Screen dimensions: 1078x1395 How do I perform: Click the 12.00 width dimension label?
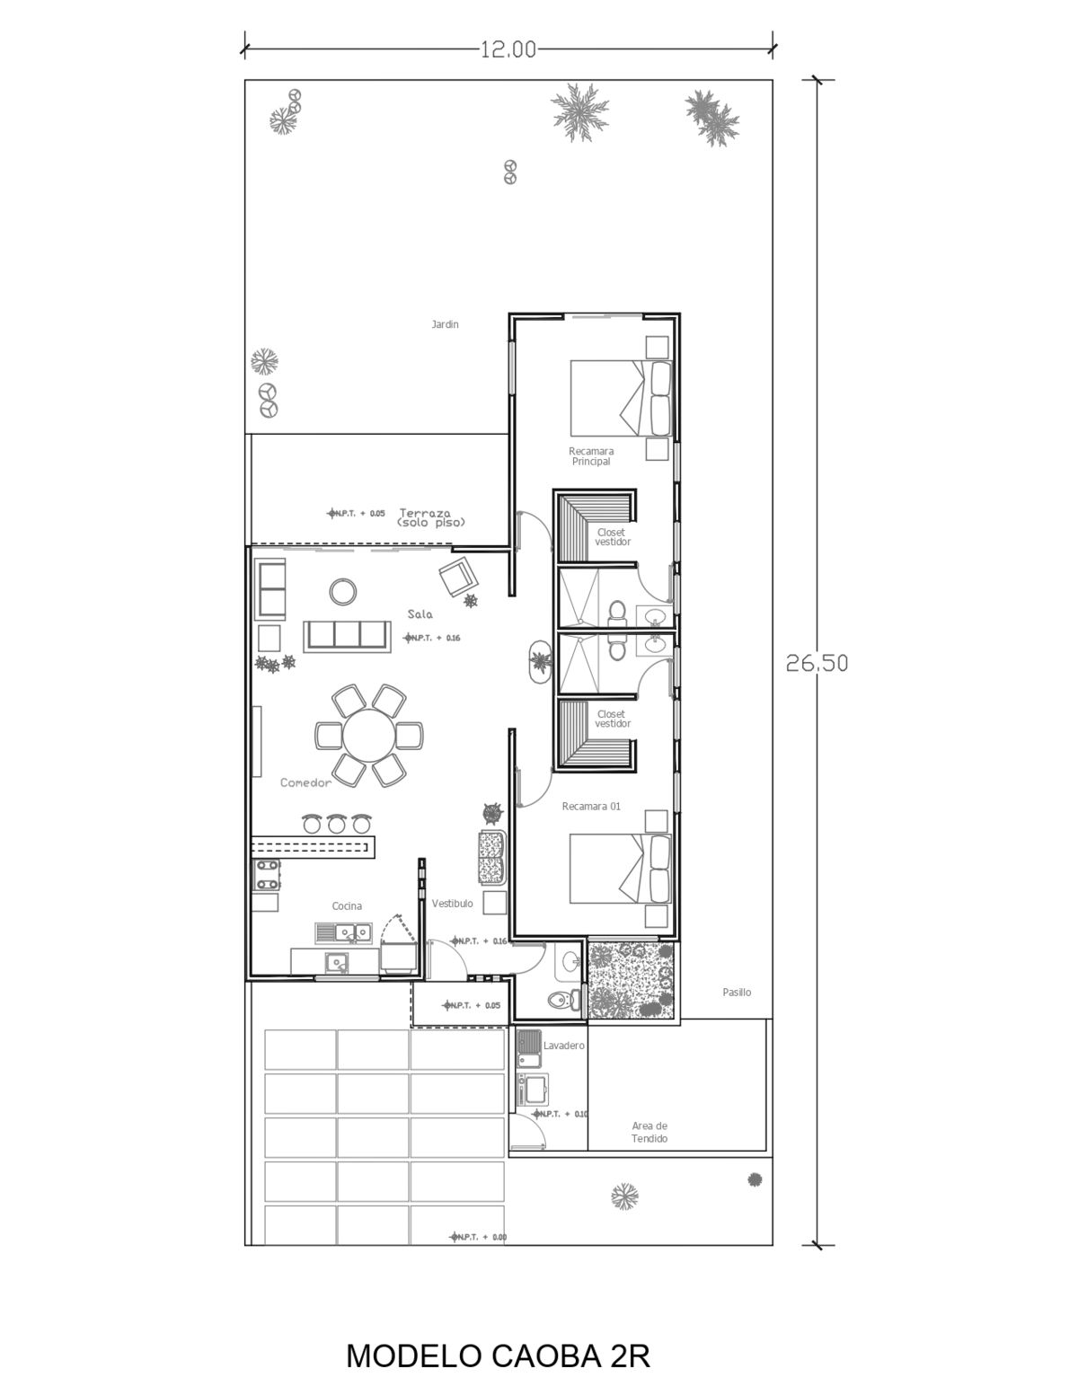(x=508, y=49)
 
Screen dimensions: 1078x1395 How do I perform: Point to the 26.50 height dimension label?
(x=817, y=663)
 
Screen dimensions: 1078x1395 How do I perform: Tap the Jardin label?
(x=445, y=324)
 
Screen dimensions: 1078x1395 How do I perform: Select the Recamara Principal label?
(x=591, y=456)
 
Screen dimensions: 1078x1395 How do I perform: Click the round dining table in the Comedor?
(x=368, y=736)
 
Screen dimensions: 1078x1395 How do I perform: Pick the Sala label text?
(x=420, y=614)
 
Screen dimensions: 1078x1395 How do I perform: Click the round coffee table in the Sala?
(x=343, y=591)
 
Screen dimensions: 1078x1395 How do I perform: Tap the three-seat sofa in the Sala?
(x=348, y=636)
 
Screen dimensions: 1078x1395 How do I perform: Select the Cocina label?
(x=347, y=905)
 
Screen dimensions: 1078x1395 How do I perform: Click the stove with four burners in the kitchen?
(x=267, y=875)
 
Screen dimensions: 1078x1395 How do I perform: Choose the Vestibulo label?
(x=452, y=904)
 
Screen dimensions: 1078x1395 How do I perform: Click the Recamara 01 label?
(x=591, y=807)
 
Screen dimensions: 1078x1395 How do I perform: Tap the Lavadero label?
(x=564, y=1046)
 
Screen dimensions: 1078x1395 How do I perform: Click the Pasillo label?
(x=737, y=992)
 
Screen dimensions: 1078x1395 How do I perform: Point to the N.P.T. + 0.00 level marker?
(x=478, y=1237)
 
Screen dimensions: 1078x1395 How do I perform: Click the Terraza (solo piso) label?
(x=431, y=517)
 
